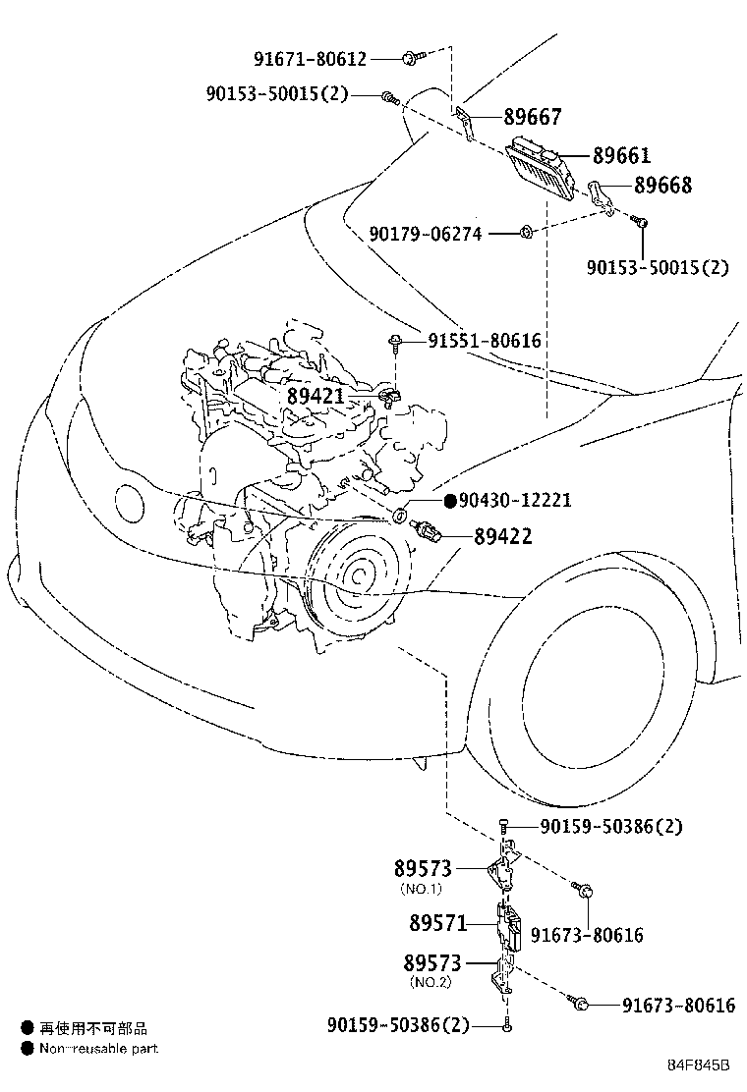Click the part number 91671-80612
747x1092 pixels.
pyautogui.click(x=310, y=59)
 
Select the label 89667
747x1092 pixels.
pyautogui.click(x=533, y=117)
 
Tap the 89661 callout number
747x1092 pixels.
pyautogui.click(x=621, y=155)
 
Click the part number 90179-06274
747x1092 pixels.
pyautogui.click(x=440, y=234)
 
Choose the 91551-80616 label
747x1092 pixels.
pyautogui.click(x=485, y=341)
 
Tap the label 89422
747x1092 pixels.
pyautogui.click(x=503, y=536)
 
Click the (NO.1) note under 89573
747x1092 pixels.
pyautogui.click(x=421, y=889)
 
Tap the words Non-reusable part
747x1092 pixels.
pyautogui.click(x=98, y=1049)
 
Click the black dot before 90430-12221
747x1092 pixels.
pyautogui.click(x=450, y=501)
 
